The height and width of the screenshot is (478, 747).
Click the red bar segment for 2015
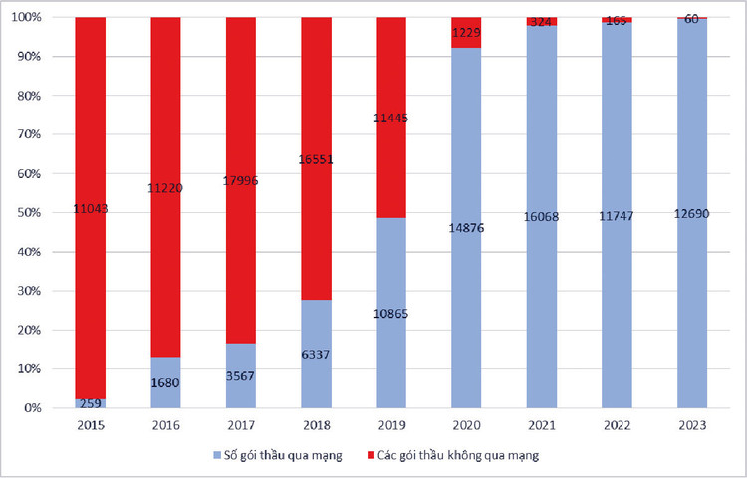91,149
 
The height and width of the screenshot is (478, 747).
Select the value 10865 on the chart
391,313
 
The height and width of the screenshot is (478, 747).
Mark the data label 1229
466,32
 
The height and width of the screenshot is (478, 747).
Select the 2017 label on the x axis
241,425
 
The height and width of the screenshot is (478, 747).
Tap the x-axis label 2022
617,425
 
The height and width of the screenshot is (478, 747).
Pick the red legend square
370,455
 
